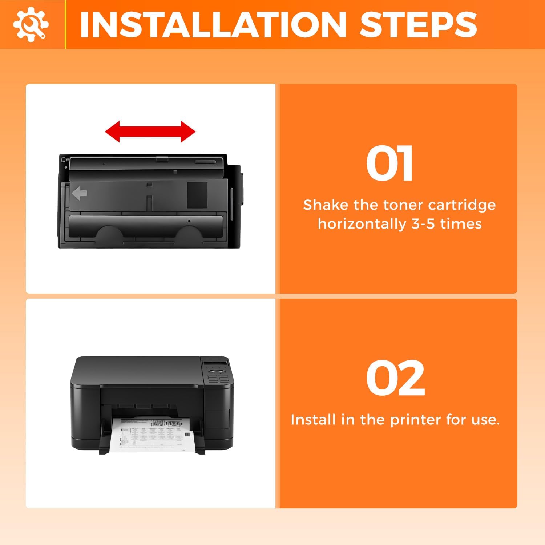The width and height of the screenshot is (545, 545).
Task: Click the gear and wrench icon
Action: (31, 24)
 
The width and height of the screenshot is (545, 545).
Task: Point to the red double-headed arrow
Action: (150, 132)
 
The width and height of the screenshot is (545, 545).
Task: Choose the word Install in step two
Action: (313, 420)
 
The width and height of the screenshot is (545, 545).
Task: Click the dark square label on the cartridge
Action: (197, 195)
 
